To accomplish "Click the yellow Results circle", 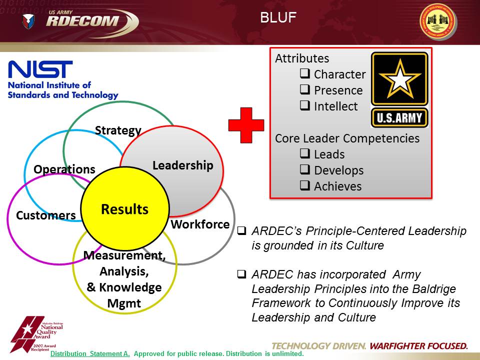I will point(124,209).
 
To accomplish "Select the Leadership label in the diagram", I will point(182,165).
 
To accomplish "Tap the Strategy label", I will point(118,130).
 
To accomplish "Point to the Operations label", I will point(64,169).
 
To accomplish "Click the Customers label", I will point(45,215).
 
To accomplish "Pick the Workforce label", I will point(200,224).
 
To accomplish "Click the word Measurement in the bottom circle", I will point(124,255).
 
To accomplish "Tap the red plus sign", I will point(246,125).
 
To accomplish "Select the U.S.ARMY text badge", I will point(399,118).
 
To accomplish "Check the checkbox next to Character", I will point(304,74).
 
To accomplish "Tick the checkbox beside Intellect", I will point(304,106).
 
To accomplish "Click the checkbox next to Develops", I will point(304,170).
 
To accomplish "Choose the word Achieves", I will point(337,186).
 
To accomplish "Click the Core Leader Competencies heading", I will point(347,138).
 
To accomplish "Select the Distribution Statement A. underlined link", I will point(90,353).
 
